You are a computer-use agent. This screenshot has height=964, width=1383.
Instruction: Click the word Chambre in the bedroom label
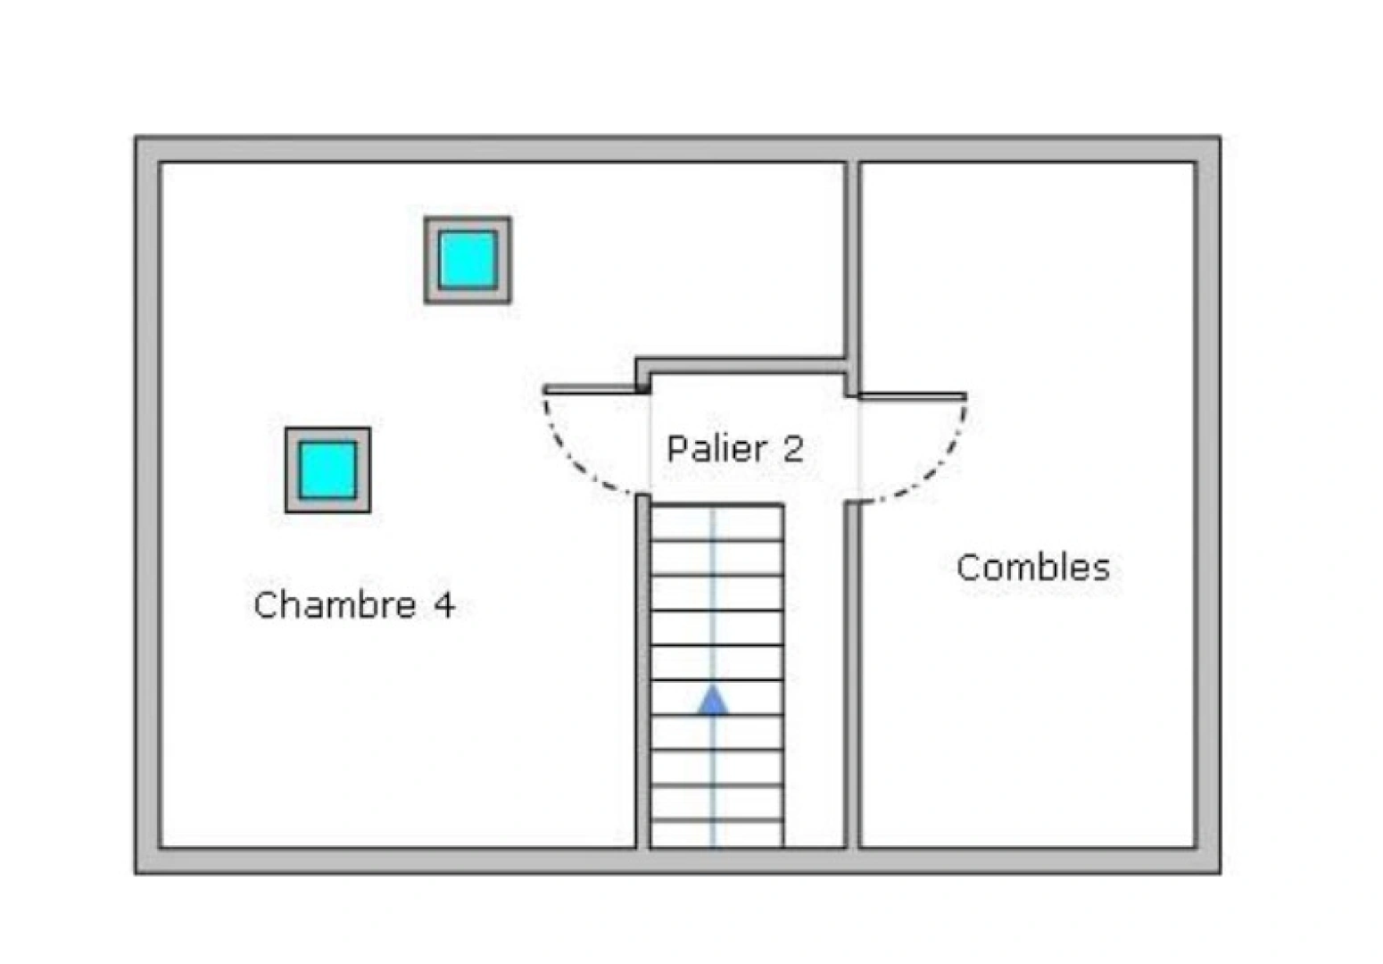click(335, 604)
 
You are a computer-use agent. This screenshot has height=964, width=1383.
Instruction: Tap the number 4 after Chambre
click(444, 605)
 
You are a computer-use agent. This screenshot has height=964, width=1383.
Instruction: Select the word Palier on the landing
click(717, 448)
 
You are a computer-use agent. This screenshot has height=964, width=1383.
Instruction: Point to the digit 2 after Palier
click(792, 449)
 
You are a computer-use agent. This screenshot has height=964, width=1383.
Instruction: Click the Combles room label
click(1033, 568)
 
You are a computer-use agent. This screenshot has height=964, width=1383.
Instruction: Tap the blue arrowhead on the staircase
click(713, 700)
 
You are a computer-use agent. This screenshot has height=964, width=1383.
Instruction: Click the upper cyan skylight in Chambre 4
click(468, 260)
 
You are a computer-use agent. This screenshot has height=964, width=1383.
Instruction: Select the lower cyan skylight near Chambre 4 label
click(327, 470)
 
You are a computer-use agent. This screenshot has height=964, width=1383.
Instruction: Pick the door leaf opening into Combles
click(913, 395)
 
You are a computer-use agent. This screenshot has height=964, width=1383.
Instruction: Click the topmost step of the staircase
click(716, 523)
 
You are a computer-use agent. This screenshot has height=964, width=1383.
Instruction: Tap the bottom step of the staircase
click(716, 835)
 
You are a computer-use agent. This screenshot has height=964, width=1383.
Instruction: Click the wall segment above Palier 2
click(741, 366)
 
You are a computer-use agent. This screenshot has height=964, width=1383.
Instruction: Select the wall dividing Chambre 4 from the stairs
click(642, 671)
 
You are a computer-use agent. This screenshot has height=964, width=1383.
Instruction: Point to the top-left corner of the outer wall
click(136, 137)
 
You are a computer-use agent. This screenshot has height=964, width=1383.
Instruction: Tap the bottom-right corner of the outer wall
click(1221, 874)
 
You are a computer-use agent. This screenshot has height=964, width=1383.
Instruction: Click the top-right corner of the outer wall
click(1221, 137)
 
